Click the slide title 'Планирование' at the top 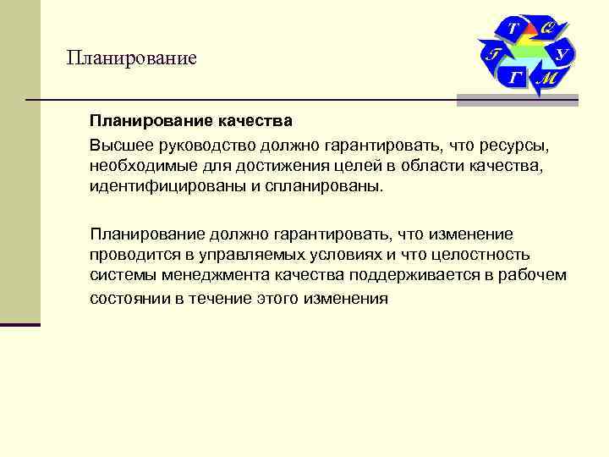point(132,58)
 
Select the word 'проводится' point(131,254)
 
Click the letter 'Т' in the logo point(513,30)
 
